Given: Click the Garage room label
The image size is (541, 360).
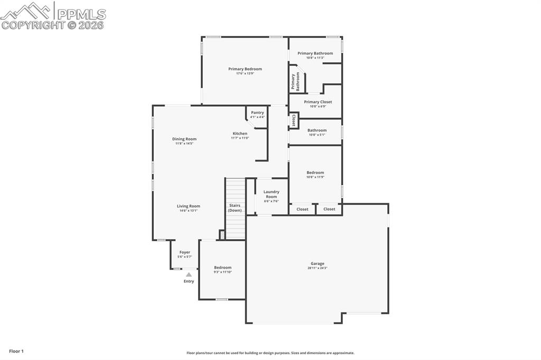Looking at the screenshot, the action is click(318, 263).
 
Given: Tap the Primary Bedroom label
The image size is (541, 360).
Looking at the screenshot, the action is click(245, 69).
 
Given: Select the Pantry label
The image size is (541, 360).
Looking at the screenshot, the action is click(257, 112).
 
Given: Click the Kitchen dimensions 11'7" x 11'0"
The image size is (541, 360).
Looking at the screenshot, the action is click(240, 138).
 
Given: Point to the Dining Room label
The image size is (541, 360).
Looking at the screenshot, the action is click(184, 139).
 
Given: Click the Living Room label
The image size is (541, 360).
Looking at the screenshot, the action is click(188, 206).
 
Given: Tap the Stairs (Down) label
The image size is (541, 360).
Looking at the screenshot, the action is click(235, 207).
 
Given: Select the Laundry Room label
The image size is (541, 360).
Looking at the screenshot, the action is click(272, 194).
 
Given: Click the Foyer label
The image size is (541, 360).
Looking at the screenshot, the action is click(185, 252).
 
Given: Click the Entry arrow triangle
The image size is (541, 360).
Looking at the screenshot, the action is click(189, 274).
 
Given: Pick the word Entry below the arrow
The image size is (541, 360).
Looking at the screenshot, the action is click(189, 281).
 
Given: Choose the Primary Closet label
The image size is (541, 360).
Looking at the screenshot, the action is click(318, 102).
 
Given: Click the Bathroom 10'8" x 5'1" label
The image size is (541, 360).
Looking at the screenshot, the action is click(317, 130).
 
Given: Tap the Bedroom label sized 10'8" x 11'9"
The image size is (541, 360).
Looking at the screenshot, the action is click(315, 173).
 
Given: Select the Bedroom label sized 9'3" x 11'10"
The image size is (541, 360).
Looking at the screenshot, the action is click(222, 268).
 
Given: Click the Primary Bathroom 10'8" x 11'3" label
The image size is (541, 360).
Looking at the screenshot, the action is click(315, 53).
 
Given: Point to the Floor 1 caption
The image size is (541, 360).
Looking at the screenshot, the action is click(16, 351).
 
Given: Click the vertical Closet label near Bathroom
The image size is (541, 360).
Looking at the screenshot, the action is click(294, 120).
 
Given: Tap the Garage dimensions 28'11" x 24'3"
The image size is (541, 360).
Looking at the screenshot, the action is click(318, 268).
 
